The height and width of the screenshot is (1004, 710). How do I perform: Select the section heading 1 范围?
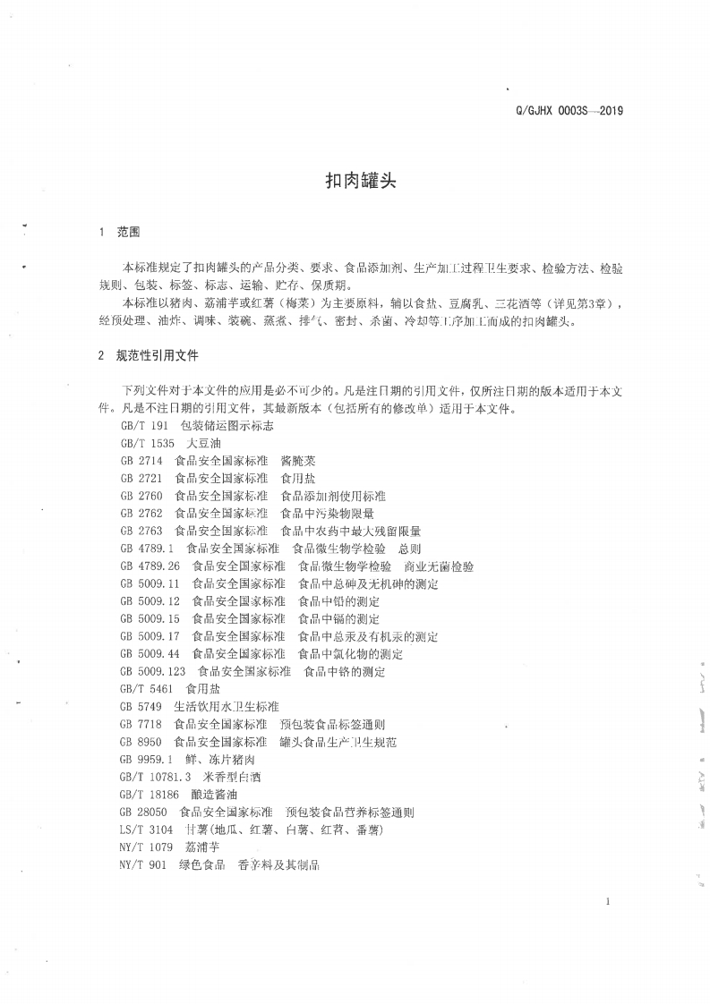click(x=119, y=232)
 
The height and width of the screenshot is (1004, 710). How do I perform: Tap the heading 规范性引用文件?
click(x=157, y=354)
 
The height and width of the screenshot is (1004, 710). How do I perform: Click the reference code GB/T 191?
click(x=143, y=427)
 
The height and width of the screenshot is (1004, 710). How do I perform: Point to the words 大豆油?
click(x=203, y=444)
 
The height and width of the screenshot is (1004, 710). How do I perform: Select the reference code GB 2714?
click(x=141, y=461)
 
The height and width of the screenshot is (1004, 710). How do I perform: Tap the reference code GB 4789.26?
click(x=150, y=566)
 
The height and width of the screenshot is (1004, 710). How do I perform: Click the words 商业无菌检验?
click(x=439, y=566)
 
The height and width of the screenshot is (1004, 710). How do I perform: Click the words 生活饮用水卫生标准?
click(x=227, y=707)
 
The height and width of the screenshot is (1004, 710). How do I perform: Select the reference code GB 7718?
click(x=141, y=724)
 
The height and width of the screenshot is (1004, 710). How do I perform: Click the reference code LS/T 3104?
click(x=146, y=830)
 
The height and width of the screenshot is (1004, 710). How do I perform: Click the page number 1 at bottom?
click(x=607, y=901)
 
